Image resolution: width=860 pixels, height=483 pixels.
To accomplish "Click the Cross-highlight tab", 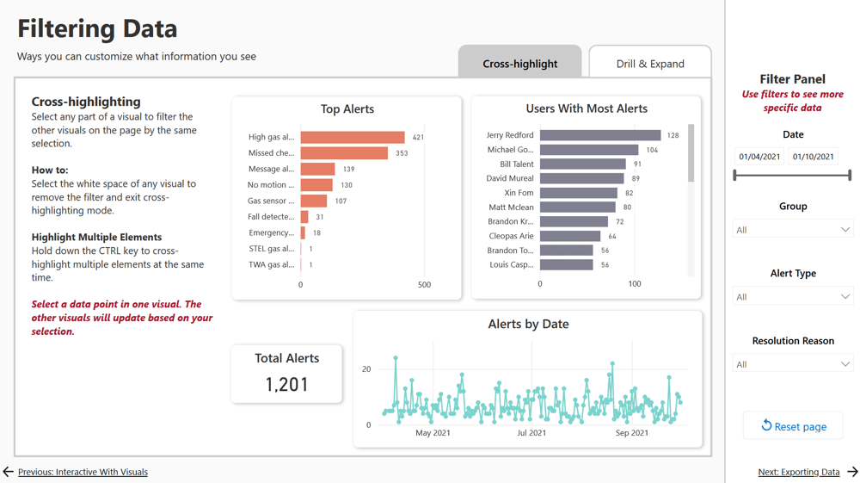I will pos(519,63).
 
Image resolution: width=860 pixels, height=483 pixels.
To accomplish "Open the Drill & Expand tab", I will pos(650,63).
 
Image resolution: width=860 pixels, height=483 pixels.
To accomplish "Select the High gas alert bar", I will pos(353,137).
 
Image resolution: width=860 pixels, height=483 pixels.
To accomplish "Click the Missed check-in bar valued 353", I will pos(344,153).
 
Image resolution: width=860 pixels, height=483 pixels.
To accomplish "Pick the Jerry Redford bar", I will pos(600,135).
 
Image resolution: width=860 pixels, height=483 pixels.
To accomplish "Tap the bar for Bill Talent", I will pos(582,164).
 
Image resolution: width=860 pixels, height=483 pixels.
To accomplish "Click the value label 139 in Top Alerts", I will pos(348,170).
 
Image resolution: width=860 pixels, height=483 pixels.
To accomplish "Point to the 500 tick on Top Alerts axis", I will pos(424,284).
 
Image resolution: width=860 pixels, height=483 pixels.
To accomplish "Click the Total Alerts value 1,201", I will pos(286,384).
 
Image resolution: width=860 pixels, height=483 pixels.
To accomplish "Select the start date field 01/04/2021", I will pos(759,157).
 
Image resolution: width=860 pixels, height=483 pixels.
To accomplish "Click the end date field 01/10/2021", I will pos(813,157).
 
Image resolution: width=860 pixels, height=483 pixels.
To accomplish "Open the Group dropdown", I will pos(792,230).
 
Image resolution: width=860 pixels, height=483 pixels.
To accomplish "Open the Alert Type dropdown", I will pos(792,297).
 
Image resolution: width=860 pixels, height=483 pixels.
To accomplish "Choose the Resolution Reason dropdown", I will pos(792,364).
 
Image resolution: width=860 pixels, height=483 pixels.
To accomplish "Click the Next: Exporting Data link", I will pos(798,472).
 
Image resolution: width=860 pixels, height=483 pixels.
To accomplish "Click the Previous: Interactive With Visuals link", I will pos(83,472).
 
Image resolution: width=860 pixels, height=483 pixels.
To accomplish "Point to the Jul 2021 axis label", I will pos(531,433).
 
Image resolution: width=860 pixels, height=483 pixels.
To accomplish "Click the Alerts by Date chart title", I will pos(528,324).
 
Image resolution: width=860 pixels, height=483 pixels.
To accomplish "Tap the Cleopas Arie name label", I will pos(511,236).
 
